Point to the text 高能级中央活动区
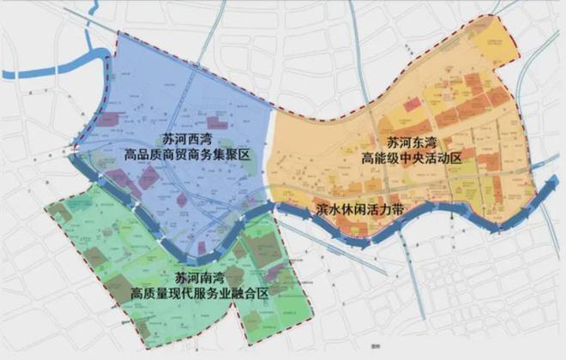(x=412, y=159)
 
